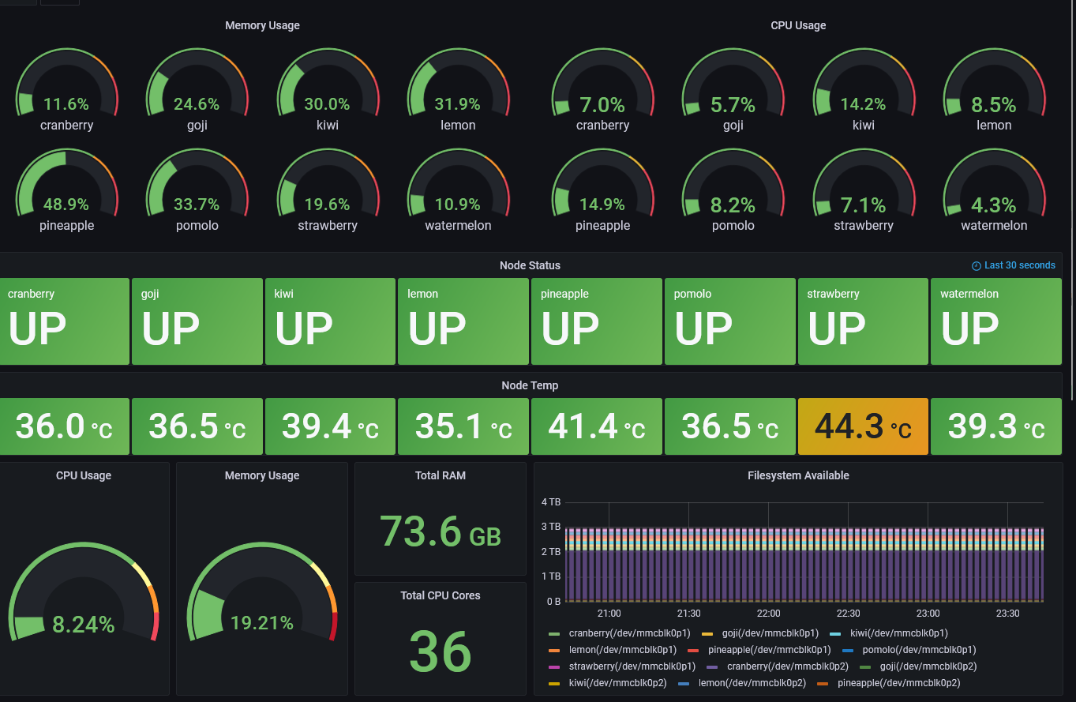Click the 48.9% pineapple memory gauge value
click(x=66, y=205)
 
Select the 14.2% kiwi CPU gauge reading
click(x=864, y=104)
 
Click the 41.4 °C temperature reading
click(x=596, y=426)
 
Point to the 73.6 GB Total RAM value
click(x=441, y=531)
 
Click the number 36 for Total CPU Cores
click(x=441, y=652)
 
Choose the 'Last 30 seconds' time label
click(x=1019, y=265)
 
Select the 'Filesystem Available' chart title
click(x=798, y=475)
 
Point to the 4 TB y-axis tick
click(x=551, y=502)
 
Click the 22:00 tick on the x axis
click(x=768, y=614)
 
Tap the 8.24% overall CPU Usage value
click(x=84, y=625)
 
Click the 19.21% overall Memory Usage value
click(x=262, y=623)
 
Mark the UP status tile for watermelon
click(x=995, y=321)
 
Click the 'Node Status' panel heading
click(x=530, y=265)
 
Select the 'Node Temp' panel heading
click(x=530, y=385)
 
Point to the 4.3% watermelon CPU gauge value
click(x=994, y=205)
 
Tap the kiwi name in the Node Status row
click(x=283, y=294)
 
